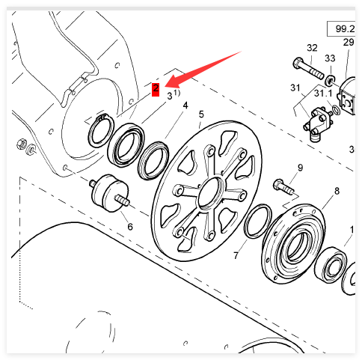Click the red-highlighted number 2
156,89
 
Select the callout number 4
185,106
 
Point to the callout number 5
201,115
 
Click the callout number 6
130,227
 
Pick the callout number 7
236,255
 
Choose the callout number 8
337,191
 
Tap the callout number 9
300,168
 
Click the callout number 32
312,48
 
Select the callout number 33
330,58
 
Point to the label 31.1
323,94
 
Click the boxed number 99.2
345,29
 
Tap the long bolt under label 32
309,68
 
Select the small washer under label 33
330,80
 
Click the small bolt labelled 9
283,187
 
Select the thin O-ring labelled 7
258,221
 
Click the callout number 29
349,42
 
